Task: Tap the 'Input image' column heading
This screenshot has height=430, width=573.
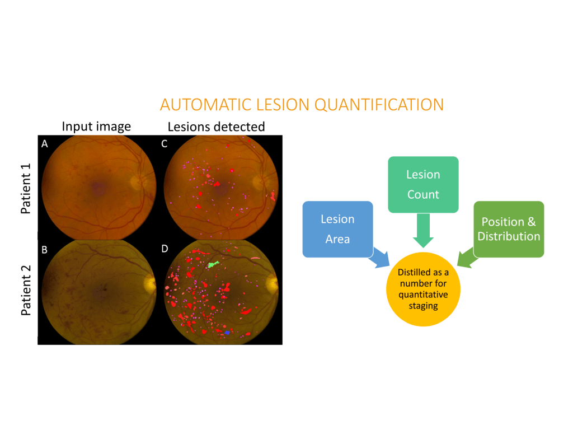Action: [96, 127]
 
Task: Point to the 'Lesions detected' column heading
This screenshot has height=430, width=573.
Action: [216, 127]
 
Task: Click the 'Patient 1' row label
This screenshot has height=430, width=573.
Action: [26, 189]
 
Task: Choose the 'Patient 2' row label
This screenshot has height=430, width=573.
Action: [26, 291]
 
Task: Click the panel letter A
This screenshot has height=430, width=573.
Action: [45, 144]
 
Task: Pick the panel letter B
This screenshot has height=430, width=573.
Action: [45, 250]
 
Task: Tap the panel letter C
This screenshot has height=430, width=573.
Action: [165, 144]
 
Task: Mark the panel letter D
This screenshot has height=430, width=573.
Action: [165, 249]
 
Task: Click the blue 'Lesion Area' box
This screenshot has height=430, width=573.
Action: [337, 229]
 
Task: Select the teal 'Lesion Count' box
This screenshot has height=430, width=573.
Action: [423, 185]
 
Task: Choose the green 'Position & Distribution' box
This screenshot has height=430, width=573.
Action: [509, 229]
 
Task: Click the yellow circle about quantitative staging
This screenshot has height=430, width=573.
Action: [423, 289]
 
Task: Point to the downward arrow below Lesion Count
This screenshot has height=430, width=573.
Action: [423, 230]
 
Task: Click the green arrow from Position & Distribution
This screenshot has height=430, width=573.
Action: [467, 258]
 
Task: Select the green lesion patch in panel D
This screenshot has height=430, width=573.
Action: [213, 264]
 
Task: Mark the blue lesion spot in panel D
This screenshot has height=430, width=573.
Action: [227, 333]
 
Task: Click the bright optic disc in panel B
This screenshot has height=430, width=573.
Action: [150, 282]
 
